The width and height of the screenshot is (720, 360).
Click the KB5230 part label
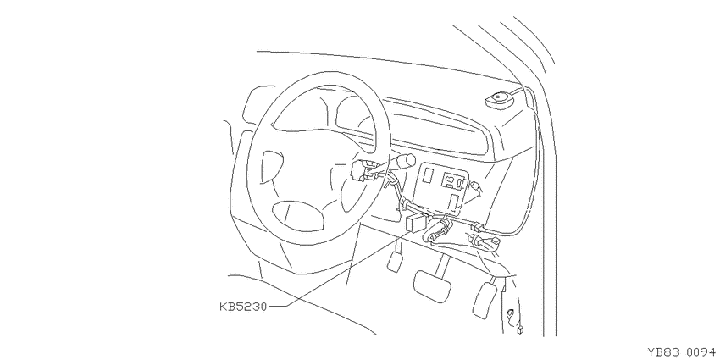[243, 307]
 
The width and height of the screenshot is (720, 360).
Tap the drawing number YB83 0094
[681, 352]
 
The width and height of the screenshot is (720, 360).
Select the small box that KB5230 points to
[417, 224]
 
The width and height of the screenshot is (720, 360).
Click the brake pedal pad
[432, 286]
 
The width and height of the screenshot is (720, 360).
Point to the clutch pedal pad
[395, 262]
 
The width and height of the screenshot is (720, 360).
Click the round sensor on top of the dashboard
[500, 101]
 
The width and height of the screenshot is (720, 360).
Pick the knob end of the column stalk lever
[406, 161]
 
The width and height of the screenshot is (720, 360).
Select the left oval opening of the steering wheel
[272, 165]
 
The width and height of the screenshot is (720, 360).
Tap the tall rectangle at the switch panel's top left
[429, 175]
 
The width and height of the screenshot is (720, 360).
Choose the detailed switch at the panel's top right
[453, 180]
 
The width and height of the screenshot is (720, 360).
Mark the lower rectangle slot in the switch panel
[454, 202]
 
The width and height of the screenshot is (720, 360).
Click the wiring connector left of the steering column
[362, 171]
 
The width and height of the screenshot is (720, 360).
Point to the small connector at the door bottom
[520, 329]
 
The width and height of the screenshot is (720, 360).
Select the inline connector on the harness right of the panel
[477, 226]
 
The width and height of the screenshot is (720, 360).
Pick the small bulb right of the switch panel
[475, 186]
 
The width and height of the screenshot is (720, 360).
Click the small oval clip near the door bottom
[510, 315]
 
